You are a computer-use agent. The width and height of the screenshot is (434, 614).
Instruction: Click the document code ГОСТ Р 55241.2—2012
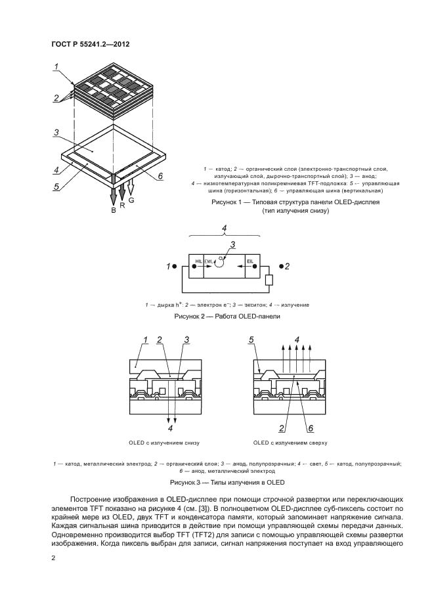click(x=91, y=45)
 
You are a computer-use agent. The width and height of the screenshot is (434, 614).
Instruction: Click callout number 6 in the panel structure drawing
click(x=160, y=176)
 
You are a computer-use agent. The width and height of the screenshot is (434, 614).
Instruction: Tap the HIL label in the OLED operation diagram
click(x=198, y=262)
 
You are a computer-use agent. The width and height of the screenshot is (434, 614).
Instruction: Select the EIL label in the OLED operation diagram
click(x=250, y=262)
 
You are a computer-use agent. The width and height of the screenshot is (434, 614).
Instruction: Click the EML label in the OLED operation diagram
click(x=209, y=262)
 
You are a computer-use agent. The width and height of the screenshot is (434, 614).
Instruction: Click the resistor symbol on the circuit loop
click(x=269, y=280)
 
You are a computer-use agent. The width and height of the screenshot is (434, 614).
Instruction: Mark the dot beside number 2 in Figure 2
click(x=281, y=266)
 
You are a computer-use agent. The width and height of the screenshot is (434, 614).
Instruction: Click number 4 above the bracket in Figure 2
click(x=225, y=229)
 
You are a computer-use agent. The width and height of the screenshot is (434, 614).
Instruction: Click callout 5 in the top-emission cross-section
click(x=251, y=340)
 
